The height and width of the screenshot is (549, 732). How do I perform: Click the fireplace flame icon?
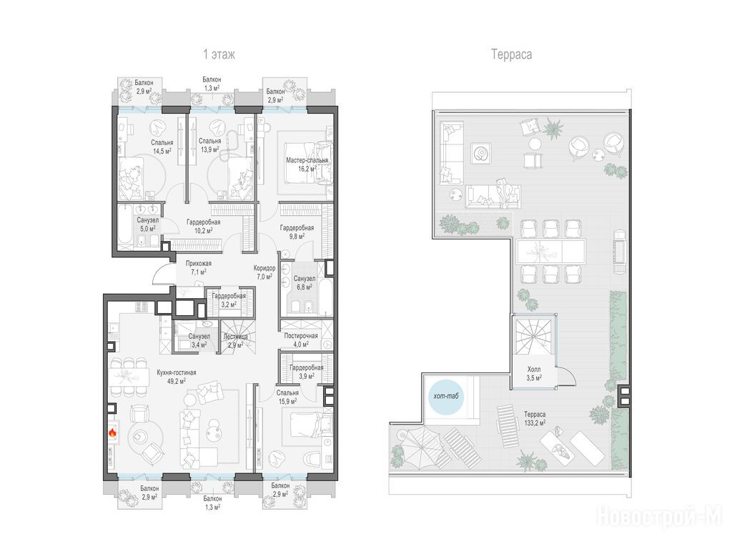(x=112, y=432)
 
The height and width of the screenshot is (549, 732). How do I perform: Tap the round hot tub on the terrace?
(x=445, y=397)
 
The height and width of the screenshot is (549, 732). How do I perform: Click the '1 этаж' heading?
(x=219, y=54)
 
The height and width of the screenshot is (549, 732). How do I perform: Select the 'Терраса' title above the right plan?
(x=511, y=54)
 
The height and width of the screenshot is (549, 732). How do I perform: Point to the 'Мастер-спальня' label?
(x=307, y=160)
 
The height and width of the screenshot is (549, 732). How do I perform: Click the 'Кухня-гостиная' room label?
(x=177, y=372)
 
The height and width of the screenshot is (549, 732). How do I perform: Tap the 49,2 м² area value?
(x=177, y=381)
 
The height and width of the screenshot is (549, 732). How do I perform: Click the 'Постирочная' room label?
(x=301, y=336)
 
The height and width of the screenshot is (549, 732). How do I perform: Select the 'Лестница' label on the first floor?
(x=236, y=337)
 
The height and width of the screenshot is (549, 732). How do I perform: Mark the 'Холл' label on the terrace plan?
(x=533, y=370)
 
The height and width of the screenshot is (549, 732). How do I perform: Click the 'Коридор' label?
(x=264, y=269)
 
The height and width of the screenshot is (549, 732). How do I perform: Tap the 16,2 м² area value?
(x=307, y=169)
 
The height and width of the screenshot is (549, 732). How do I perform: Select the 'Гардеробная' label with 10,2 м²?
(x=203, y=222)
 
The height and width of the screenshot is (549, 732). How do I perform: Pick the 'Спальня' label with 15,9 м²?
(x=287, y=393)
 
